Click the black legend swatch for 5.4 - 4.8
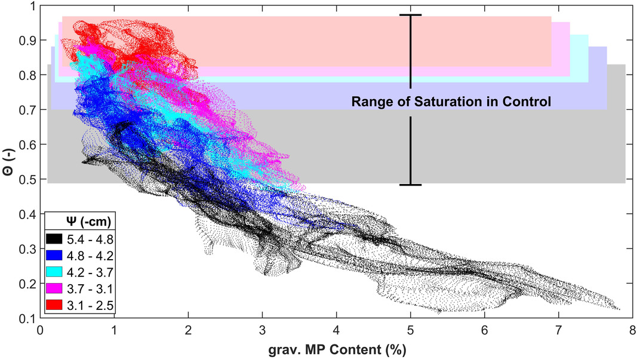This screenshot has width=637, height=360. [54, 239]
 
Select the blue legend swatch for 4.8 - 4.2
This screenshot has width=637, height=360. [54, 256]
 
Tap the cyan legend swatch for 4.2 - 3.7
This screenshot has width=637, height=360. [54, 272]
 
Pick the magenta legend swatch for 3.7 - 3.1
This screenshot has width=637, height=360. [54, 288]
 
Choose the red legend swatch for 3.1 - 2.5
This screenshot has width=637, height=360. [54, 304]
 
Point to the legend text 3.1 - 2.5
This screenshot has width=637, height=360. [90, 305]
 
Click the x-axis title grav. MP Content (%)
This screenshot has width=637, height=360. [337, 349]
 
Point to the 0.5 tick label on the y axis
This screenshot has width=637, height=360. [27, 179]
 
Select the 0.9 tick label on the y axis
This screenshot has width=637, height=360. [27, 41]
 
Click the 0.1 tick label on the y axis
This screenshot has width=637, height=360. [27, 318]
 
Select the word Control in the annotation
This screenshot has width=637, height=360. [527, 101]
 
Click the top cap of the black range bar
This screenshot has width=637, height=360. [410, 15]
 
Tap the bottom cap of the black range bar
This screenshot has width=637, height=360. [410, 185]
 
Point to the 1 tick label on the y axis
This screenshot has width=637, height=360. [31, 6]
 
